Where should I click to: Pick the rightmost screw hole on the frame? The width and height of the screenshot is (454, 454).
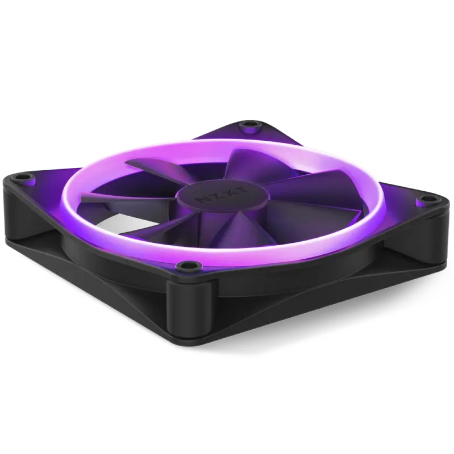click(423, 199)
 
